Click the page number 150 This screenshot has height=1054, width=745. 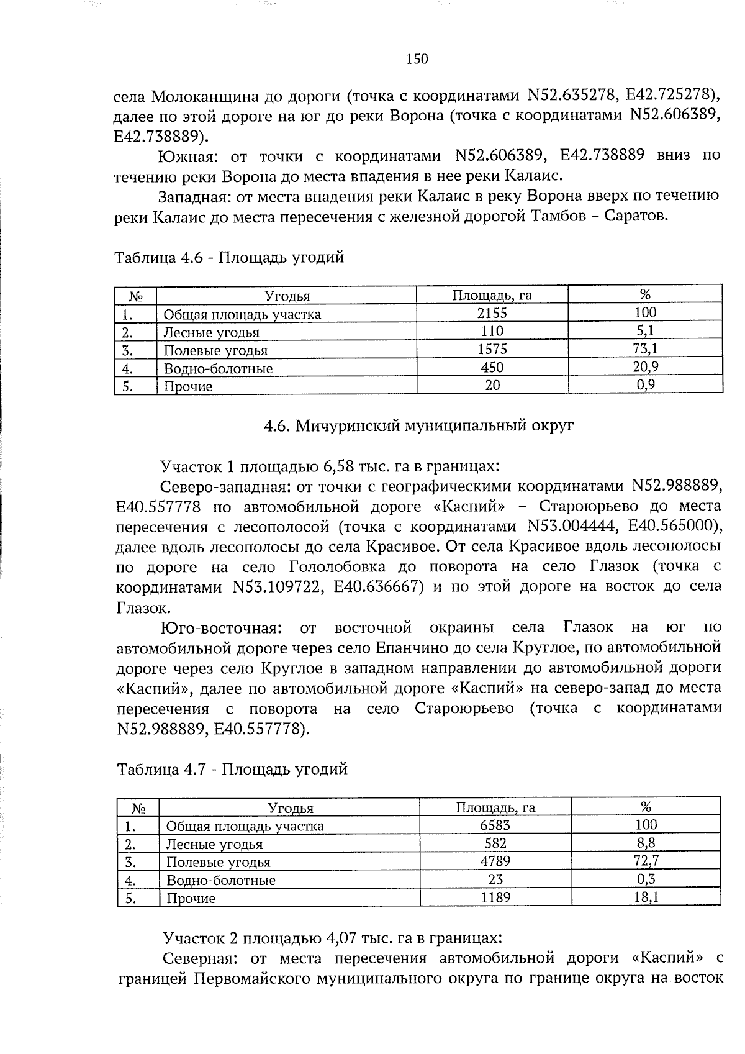pyautogui.click(x=417, y=60)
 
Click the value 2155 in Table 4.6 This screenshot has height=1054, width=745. pyautogui.click(x=492, y=313)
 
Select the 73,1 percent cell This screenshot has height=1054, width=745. pyautogui.click(x=646, y=349)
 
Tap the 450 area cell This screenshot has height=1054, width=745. pyautogui.click(x=492, y=367)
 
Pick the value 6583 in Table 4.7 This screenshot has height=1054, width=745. pyautogui.click(x=495, y=825)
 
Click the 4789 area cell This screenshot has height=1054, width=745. pyautogui.click(x=495, y=861)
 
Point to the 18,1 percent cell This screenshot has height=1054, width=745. pyautogui.click(x=646, y=897)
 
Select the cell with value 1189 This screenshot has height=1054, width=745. pyautogui.click(x=495, y=897)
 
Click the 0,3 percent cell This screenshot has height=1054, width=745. pyautogui.click(x=646, y=879)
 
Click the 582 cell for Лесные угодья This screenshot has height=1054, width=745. pyautogui.click(x=495, y=843)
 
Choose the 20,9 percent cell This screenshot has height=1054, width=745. pyautogui.click(x=646, y=367)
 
